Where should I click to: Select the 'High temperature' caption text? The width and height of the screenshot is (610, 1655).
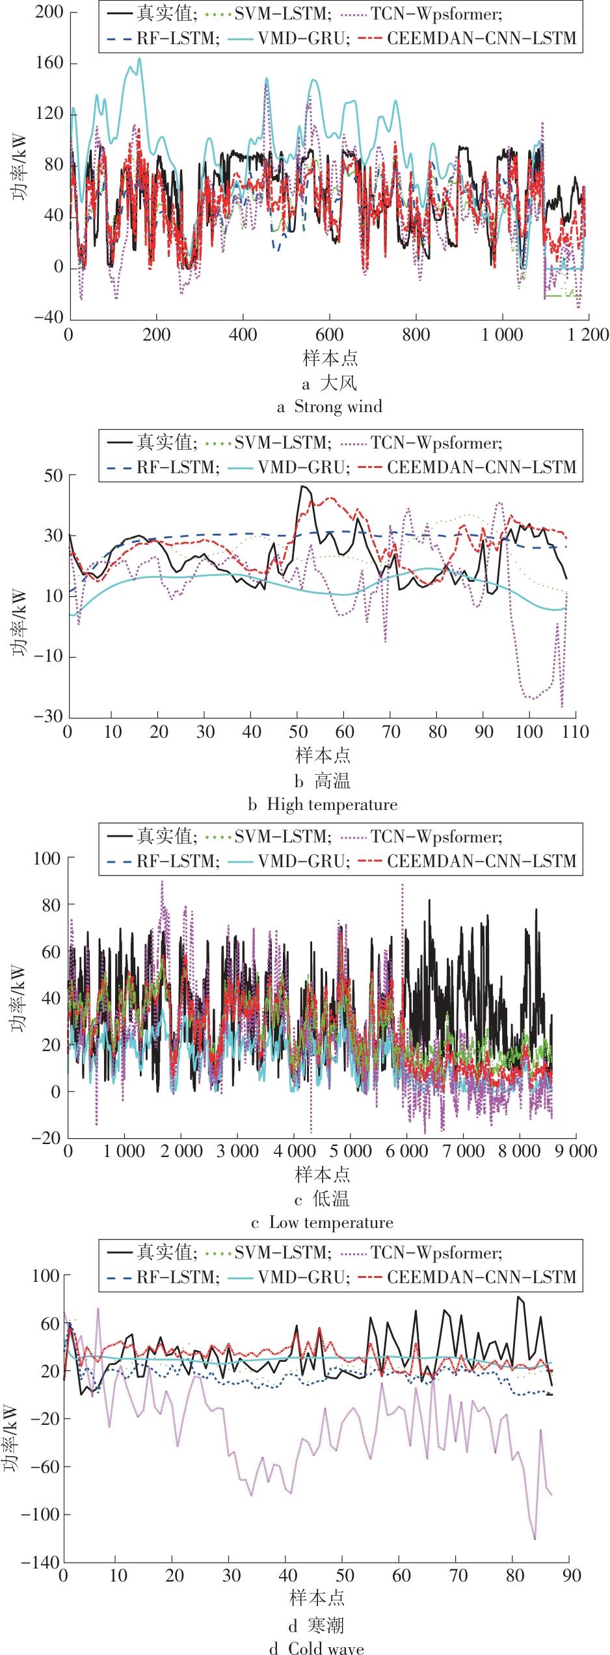(x=332, y=805)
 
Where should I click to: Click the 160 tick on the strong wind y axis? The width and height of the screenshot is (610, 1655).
(x=49, y=64)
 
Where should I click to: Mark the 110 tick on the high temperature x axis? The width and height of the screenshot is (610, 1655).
(x=575, y=732)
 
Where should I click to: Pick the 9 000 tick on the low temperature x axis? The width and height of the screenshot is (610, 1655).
(x=575, y=1151)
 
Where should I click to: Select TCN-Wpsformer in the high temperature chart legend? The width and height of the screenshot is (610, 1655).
(x=437, y=443)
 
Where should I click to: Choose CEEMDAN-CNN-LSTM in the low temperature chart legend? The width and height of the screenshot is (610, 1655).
(x=482, y=861)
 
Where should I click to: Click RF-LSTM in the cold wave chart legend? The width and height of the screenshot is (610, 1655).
(x=175, y=1277)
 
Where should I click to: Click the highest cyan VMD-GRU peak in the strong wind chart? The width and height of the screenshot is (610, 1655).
(x=139, y=59)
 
